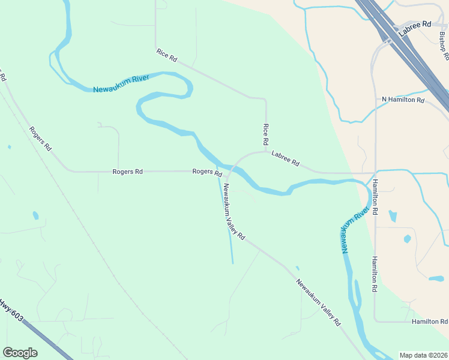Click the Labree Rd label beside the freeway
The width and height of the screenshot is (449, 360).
418,24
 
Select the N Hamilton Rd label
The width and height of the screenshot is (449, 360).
403,100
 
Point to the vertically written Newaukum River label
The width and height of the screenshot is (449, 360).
355,231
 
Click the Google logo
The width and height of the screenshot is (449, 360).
20,353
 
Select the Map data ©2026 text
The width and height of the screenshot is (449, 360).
423,355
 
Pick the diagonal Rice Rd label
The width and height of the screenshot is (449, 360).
166,55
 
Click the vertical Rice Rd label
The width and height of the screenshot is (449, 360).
265,134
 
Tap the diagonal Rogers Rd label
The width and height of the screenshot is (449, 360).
40,139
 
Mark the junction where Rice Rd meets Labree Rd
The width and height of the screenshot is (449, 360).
266,152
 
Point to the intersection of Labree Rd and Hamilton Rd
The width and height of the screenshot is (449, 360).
375,172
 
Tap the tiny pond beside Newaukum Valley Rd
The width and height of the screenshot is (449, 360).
297,268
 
